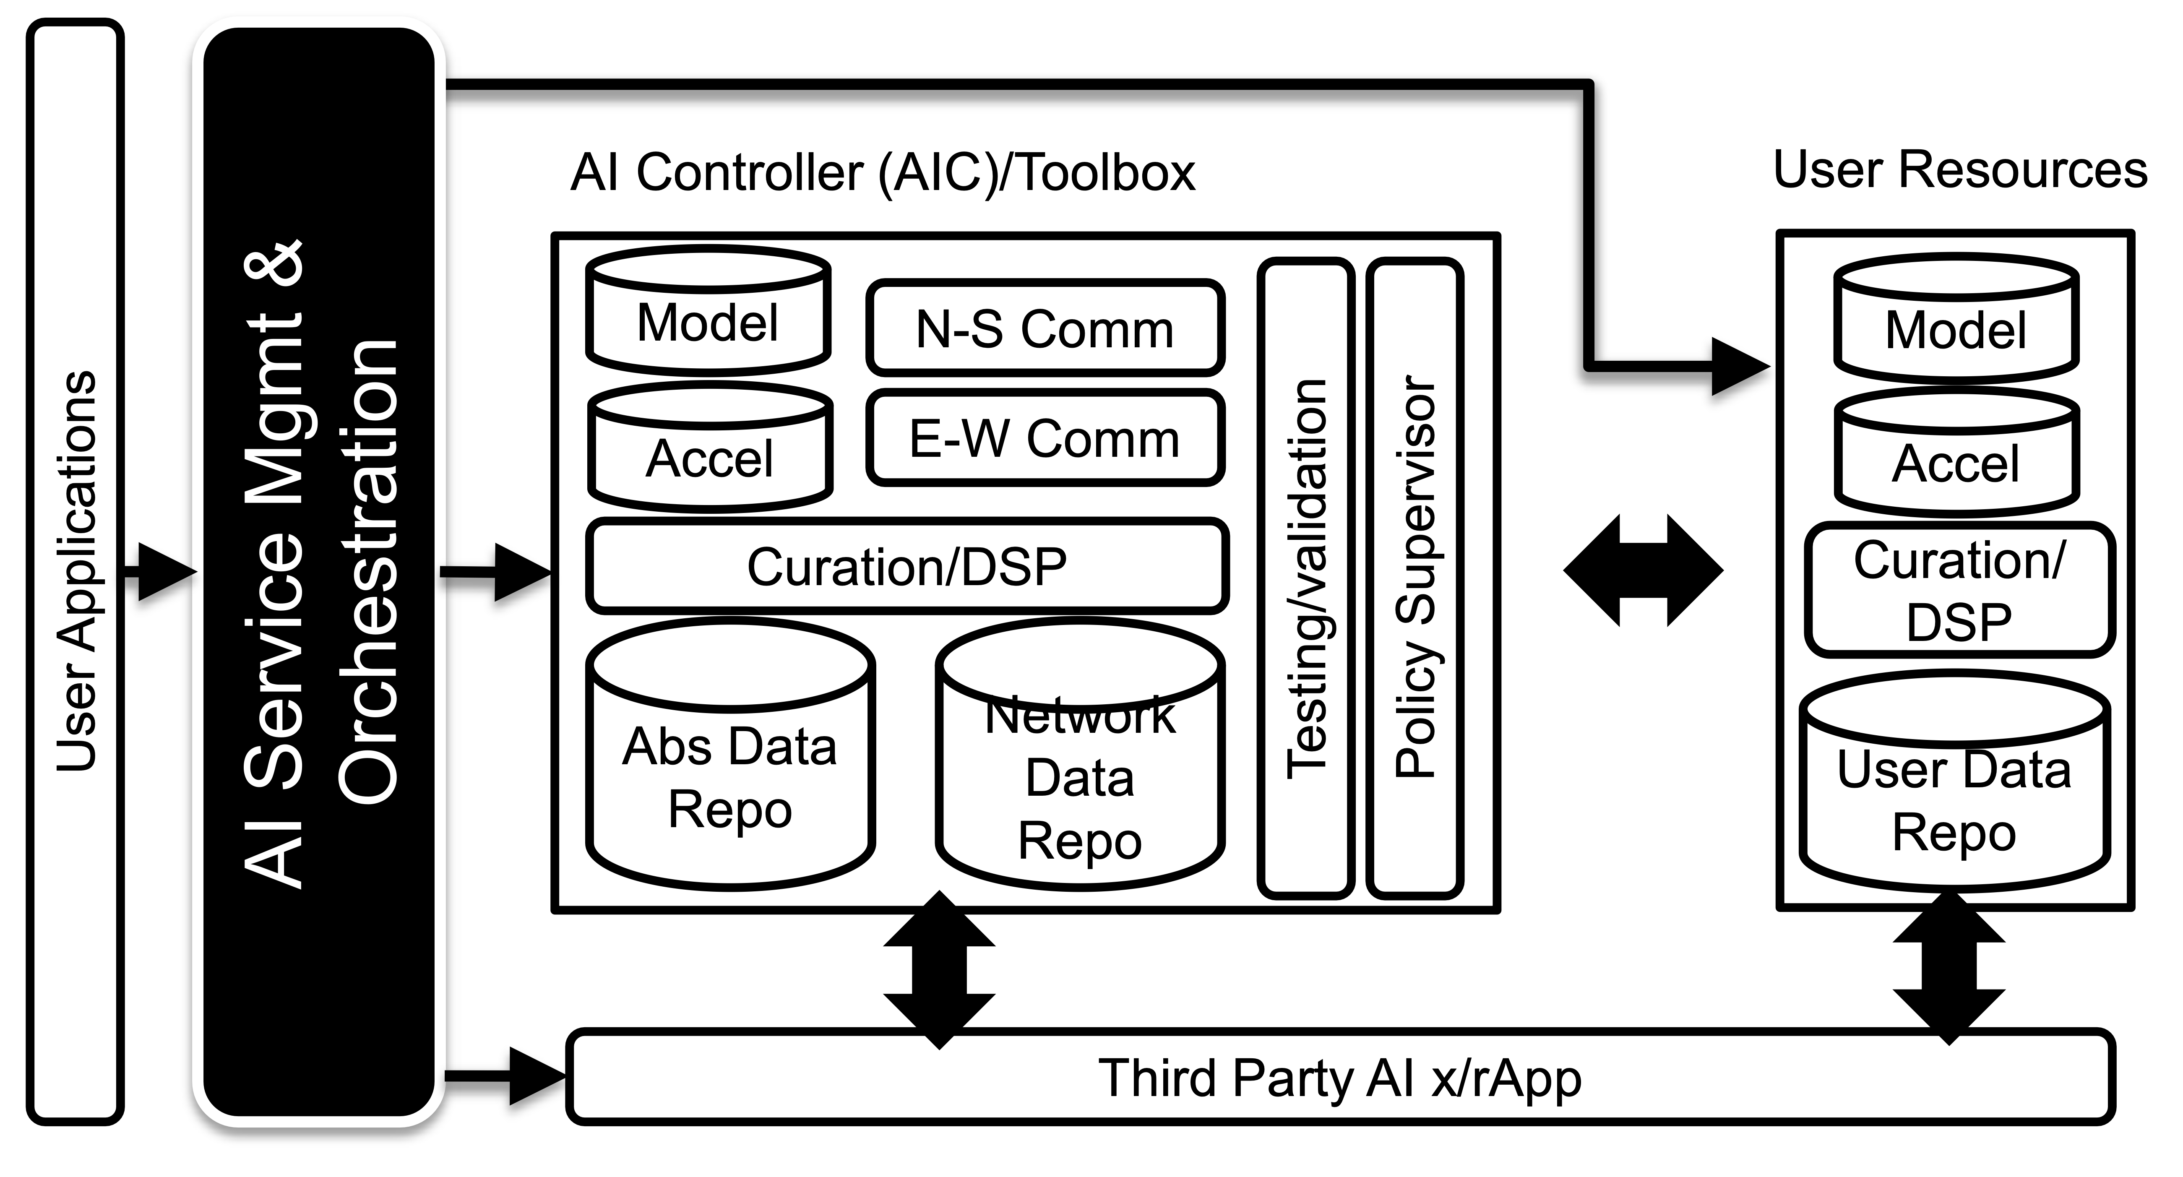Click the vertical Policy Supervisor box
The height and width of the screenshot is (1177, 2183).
tap(1415, 578)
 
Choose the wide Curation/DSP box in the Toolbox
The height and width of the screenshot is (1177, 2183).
tap(907, 566)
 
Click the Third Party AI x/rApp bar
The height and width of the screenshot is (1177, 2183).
tap(1339, 1078)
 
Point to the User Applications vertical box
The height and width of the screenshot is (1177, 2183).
tap(76, 572)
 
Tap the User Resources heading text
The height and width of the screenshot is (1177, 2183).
tap(1959, 169)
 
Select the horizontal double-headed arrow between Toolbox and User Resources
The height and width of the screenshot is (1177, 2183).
tap(1642, 570)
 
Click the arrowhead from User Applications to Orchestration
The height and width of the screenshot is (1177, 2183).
tap(165, 572)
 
